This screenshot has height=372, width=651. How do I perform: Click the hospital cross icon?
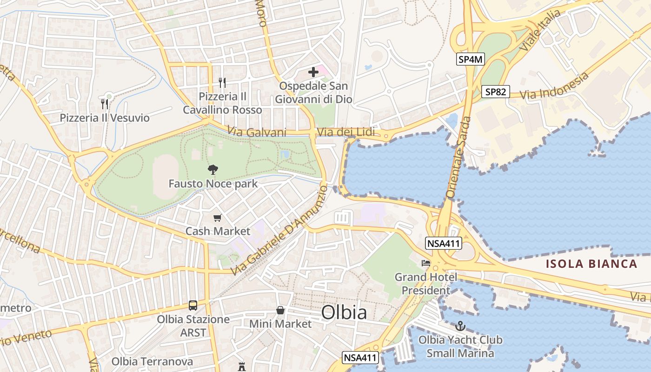pyautogui.click(x=313, y=72)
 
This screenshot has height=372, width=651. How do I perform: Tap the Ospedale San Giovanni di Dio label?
pyautogui.click(x=313, y=93)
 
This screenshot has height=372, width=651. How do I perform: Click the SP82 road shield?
pyautogui.click(x=495, y=92)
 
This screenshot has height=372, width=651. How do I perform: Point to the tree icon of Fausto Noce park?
pyautogui.click(x=213, y=170)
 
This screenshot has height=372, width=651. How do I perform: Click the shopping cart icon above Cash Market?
pyautogui.click(x=217, y=218)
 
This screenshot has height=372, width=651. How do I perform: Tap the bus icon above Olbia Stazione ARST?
pyautogui.click(x=193, y=306)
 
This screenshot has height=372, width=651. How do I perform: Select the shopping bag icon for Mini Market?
pyautogui.click(x=280, y=310)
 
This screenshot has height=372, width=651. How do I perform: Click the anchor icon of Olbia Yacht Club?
pyautogui.click(x=460, y=326)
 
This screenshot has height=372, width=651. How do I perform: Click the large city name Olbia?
pyautogui.click(x=344, y=312)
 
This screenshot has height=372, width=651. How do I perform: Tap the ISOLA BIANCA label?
pyautogui.click(x=591, y=264)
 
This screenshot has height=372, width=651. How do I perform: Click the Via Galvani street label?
pyautogui.click(x=257, y=133)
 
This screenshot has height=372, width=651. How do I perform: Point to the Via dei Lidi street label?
pyautogui.click(x=345, y=133)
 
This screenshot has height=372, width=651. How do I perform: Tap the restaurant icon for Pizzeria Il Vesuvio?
pyautogui.click(x=105, y=104)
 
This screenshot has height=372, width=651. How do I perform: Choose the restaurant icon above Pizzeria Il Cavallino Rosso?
pyautogui.click(x=222, y=82)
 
